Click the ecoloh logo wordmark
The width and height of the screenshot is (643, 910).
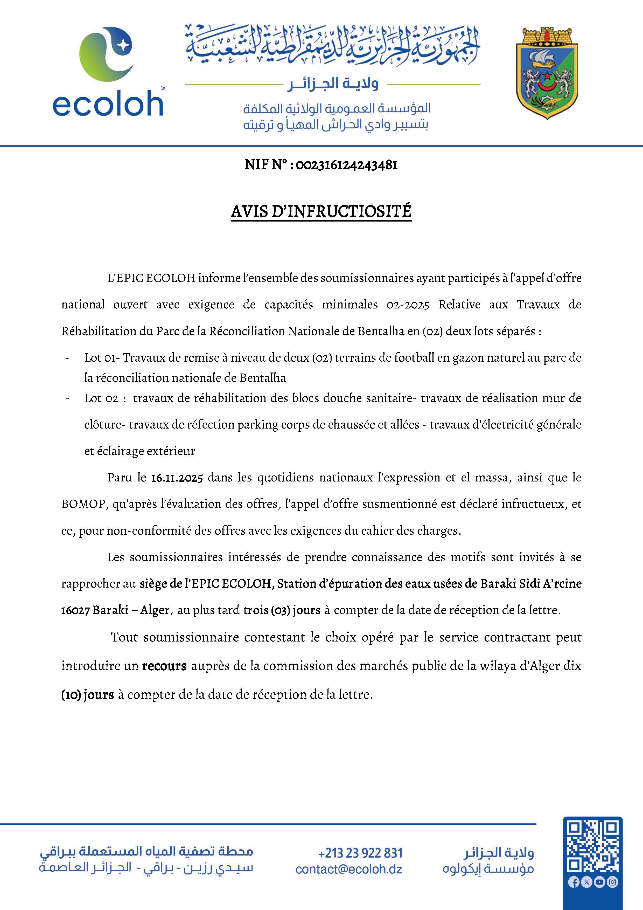click(x=108, y=104)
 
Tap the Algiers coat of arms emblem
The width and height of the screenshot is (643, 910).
click(x=547, y=74)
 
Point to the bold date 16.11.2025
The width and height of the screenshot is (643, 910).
click(x=177, y=478)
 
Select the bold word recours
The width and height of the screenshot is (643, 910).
click(x=164, y=666)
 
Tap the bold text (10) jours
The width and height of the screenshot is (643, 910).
click(x=88, y=695)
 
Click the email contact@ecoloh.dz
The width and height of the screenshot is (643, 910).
click(x=349, y=869)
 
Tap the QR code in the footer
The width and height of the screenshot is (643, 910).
click(x=592, y=848)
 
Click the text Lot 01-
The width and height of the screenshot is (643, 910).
click(x=102, y=358)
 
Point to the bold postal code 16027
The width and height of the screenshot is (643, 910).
click(x=75, y=610)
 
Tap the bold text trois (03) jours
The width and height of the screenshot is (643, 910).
click(x=282, y=610)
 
